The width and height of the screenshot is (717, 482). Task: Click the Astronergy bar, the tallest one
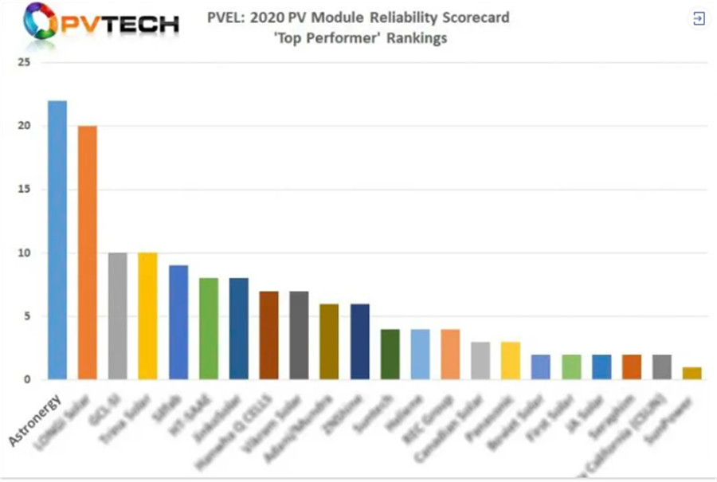click(x=57, y=240)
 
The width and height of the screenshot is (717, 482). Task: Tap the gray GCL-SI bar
click(x=118, y=316)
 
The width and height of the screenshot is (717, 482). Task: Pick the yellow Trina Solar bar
click(x=147, y=316)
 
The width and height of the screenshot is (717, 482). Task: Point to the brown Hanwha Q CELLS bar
click(x=268, y=335)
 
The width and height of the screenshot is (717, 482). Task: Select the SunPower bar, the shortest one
click(x=692, y=374)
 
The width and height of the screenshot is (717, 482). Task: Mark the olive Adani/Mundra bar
click(x=329, y=342)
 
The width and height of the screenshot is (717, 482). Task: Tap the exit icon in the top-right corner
click(x=699, y=19)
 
